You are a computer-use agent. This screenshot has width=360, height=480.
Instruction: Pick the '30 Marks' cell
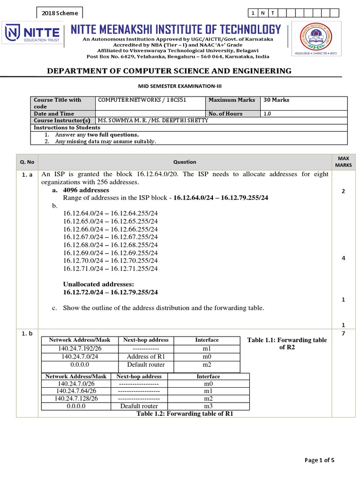coord(304,100)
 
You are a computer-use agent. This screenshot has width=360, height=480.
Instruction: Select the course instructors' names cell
coord(152,120)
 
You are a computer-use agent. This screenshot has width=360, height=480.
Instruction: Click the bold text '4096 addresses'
coord(86,190)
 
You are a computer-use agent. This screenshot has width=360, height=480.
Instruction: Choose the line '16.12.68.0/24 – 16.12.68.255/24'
coord(111,245)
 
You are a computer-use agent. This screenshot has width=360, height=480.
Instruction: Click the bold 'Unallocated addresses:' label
coord(98,284)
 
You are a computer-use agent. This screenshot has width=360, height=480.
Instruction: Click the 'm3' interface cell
coord(208,406)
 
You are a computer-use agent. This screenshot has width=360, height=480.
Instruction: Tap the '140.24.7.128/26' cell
coord(76,398)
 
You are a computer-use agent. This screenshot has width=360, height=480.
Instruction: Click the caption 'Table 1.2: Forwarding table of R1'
coord(184,413)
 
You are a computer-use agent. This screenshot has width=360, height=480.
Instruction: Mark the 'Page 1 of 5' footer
coord(319,460)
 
